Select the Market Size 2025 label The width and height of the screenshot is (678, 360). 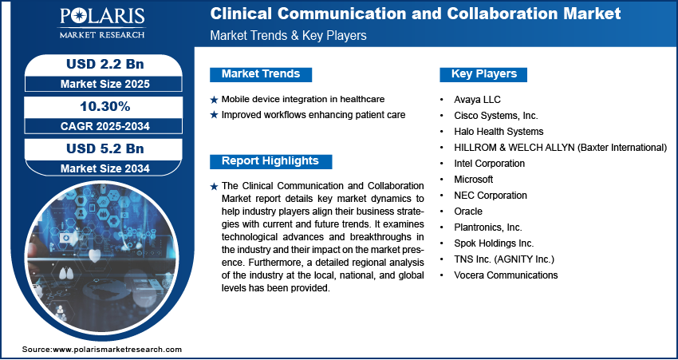click(x=104, y=83)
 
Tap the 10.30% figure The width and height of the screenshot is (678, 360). click(x=104, y=105)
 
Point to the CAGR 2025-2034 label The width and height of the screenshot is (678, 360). click(x=104, y=126)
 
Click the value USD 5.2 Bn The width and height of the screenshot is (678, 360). click(x=104, y=148)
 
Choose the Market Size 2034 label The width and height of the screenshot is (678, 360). click(x=104, y=168)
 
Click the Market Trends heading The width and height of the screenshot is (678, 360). click(x=260, y=74)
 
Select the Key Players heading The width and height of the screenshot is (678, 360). click(x=483, y=74)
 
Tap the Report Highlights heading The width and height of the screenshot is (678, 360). click(x=270, y=161)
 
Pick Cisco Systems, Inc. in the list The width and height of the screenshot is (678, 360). click(x=495, y=115)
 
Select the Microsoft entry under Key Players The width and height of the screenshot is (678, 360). click(x=473, y=179)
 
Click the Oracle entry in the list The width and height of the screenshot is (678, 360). click(x=467, y=211)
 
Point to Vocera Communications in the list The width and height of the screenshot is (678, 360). click(x=506, y=275)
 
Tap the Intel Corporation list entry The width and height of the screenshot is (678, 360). click(x=489, y=163)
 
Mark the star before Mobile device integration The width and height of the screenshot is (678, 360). click(x=214, y=100)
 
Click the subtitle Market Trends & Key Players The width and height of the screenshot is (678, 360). click(x=288, y=36)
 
